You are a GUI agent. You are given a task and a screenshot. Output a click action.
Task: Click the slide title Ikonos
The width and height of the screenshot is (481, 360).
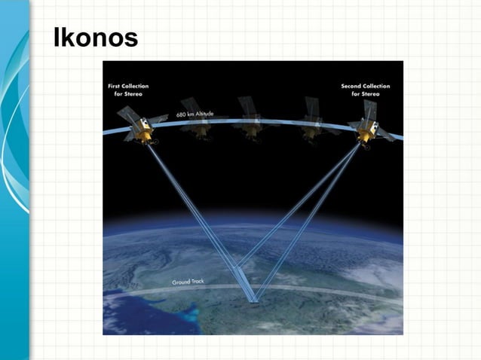pos(95,38)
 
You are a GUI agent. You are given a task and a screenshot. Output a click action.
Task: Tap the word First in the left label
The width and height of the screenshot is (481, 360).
pos(113,86)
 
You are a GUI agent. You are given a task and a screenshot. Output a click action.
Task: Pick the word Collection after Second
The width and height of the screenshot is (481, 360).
pos(377,86)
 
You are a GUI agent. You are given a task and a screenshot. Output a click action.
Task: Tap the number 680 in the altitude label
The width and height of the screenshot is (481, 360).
pos(182,115)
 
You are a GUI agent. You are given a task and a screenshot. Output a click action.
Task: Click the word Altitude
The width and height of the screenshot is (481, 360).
pos(204,113)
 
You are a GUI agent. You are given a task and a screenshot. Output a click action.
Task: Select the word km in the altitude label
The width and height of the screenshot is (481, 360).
pos(191,114)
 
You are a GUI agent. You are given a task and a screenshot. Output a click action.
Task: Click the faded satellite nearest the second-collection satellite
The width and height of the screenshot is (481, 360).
pos(310,121)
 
